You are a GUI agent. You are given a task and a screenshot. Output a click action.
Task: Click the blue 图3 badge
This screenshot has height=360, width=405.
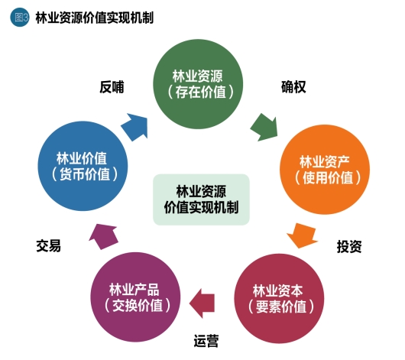point(20,18)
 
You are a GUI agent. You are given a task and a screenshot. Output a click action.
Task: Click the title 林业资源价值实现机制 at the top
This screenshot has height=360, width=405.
point(95,18)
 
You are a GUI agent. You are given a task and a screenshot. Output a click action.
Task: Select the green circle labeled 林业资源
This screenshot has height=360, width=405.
point(198,84)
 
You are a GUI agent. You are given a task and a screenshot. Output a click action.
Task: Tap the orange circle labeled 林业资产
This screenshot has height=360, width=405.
point(325,170)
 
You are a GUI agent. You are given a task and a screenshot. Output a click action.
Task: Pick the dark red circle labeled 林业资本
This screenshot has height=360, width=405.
point(279,299)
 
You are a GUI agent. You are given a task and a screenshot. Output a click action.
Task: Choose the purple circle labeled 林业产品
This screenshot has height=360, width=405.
point(135,297)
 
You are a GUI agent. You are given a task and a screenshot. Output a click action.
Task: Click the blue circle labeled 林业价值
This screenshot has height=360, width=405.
point(83,166)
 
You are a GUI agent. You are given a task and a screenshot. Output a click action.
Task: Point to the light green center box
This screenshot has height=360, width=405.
point(201,199)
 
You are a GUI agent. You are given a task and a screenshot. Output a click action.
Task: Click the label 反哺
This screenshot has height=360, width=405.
point(112,87)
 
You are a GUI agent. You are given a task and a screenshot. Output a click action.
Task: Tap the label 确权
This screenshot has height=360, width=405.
point(293,87)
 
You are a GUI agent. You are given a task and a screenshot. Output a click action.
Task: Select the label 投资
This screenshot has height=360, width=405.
point(349,246)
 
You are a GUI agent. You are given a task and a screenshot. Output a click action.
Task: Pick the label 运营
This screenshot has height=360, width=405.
point(206,341)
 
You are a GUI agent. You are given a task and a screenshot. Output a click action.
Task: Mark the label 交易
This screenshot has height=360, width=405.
point(49,245)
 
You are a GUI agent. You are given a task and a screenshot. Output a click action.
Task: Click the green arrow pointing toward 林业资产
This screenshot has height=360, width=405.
point(264,127)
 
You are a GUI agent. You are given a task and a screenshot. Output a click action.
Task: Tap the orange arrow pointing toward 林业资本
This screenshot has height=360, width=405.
point(302,235)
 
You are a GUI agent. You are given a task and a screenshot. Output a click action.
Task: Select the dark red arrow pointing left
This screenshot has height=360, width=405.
point(202,303)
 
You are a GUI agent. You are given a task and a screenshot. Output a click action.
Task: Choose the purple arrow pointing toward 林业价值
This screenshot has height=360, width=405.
point(103,236)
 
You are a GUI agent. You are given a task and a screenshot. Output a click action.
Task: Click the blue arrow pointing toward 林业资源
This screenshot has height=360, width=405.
point(135,127)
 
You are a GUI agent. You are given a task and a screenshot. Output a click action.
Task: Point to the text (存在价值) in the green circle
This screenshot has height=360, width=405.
point(201,92)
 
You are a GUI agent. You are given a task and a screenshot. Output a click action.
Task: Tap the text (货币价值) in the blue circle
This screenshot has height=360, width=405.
point(85,174)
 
